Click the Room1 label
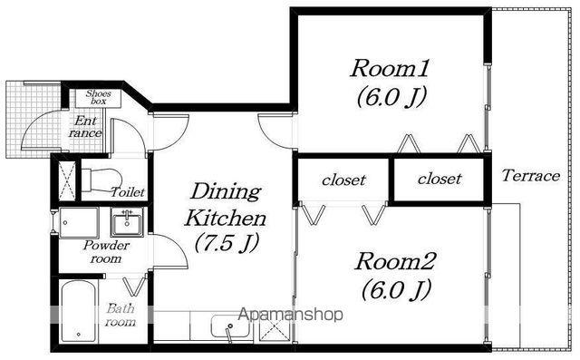coord(390,68)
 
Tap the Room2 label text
coord(394,261)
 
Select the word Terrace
coord(530,175)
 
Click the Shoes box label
coord(99,97)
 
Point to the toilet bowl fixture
coord(101,180)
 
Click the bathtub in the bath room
coord(79,312)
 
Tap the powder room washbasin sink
coord(127,221)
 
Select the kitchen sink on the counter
coord(230,326)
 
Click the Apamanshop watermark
coord(291,315)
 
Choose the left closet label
coord(343,180)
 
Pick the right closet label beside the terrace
coord(440,179)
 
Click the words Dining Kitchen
coord(226,205)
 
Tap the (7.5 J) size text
coord(226,243)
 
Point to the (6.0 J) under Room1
coord(391,97)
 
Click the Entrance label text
coord(85,127)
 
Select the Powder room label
coord(106,251)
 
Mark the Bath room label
coord(121,315)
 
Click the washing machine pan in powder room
coord(79,223)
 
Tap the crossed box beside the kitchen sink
coord(273,328)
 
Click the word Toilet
coord(129,192)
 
